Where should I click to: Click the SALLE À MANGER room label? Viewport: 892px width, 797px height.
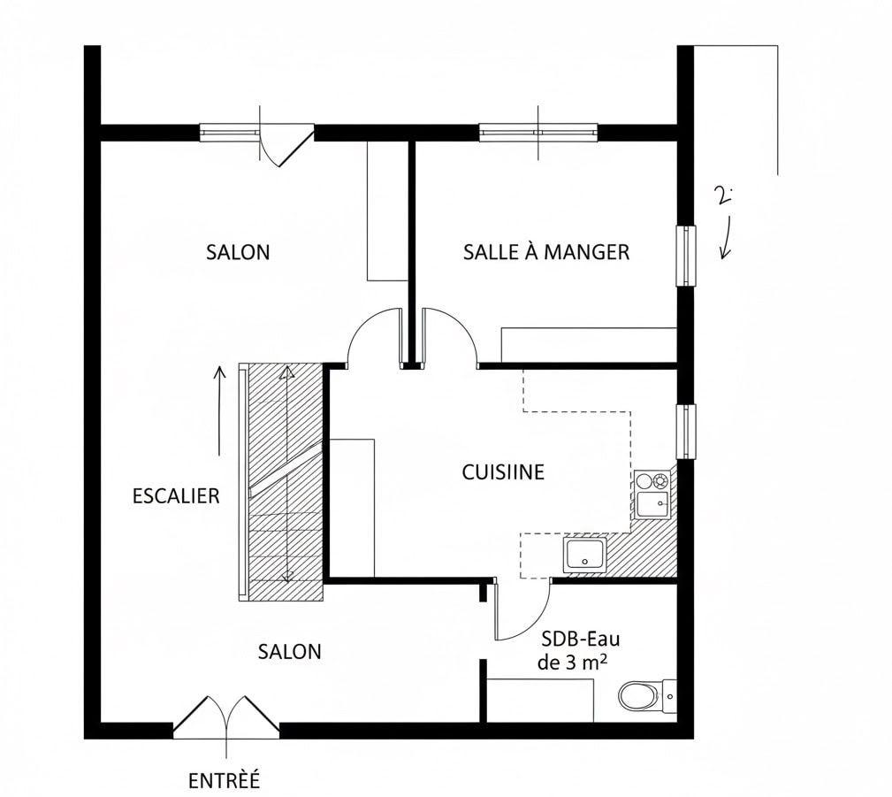tap(546, 251)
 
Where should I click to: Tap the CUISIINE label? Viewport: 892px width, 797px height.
tap(503, 472)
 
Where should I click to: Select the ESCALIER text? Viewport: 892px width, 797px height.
tap(176, 496)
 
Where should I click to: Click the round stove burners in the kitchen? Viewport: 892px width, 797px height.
tap(652, 481)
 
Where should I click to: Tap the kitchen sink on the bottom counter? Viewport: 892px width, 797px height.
tap(585, 554)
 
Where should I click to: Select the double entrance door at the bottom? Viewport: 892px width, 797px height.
tap(225, 717)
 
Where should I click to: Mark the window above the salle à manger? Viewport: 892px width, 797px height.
tap(538, 132)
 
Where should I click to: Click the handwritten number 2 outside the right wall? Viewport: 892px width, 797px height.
tap(724, 195)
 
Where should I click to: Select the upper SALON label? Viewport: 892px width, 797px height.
tap(238, 251)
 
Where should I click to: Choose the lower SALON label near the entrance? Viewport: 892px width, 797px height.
tap(290, 651)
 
